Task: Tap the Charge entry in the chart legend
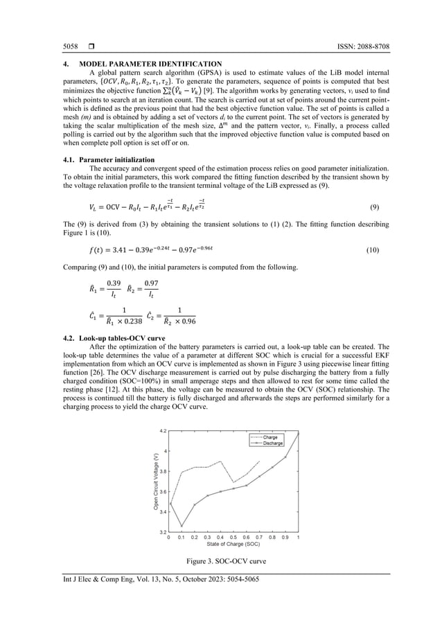tap(270, 437)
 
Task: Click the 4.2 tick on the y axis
tap(162, 431)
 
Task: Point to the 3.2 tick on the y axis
tap(162, 532)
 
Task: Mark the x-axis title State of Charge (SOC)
tap(233, 545)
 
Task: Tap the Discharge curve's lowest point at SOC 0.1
tap(182, 526)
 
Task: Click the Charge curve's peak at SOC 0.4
tap(220, 461)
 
